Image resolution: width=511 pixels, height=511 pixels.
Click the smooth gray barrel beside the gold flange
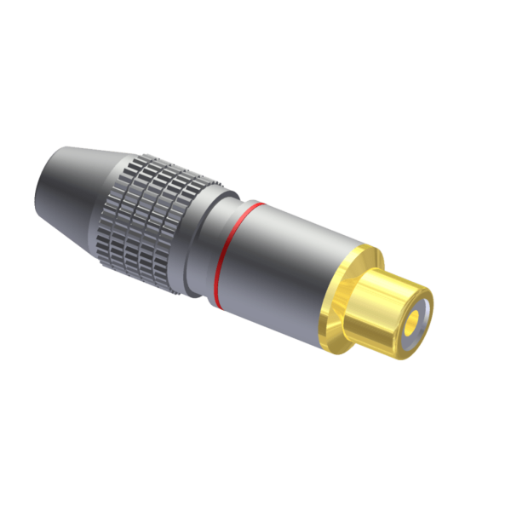tap(290, 273)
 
